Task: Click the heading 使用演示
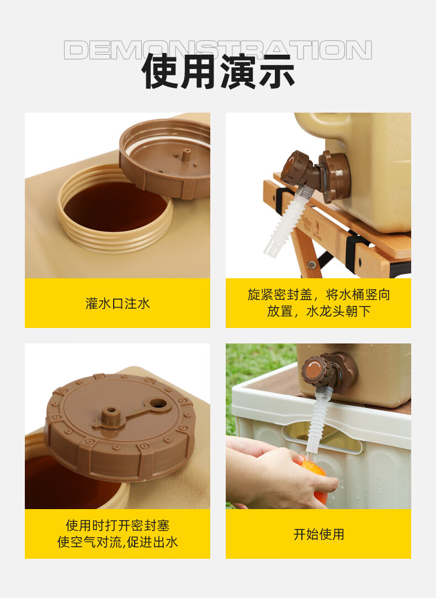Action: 218,71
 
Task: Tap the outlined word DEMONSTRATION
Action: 217,50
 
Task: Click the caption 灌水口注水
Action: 118,304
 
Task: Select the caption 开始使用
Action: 318,534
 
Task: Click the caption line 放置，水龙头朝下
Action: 318,311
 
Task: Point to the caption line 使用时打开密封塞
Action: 118,525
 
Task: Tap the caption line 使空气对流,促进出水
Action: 118,542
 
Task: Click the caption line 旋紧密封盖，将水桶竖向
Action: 318,294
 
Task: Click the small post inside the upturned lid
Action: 186,156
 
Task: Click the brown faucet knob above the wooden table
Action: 294,168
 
